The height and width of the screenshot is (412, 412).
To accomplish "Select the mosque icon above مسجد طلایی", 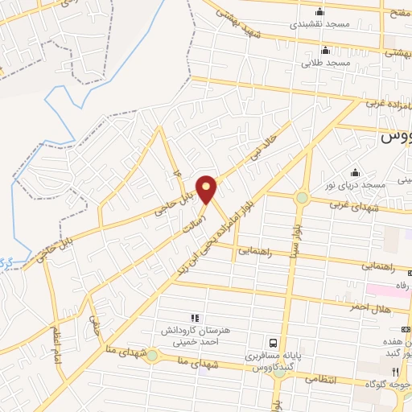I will pyautogui.click(x=325, y=51).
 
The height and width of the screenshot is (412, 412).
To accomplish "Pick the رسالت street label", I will pyautogui.click(x=211, y=219).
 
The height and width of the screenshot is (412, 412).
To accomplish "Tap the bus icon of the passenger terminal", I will pyautogui.click(x=274, y=342).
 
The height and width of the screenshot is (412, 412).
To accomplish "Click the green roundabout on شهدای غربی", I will pyautogui.click(x=302, y=197).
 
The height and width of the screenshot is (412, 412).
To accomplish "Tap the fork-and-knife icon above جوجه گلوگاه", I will pyautogui.click(x=394, y=370).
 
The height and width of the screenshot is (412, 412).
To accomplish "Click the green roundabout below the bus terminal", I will pyautogui.click(x=278, y=372).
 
